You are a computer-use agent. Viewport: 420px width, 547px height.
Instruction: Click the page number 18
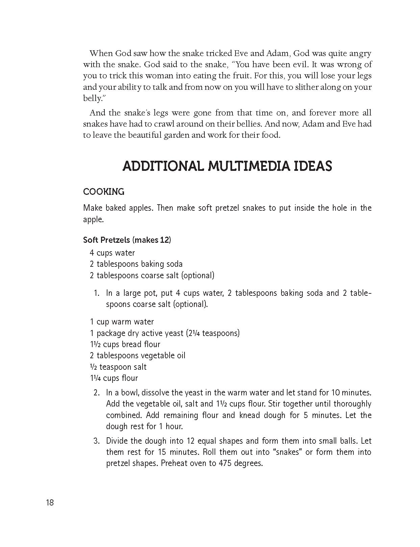[49, 502]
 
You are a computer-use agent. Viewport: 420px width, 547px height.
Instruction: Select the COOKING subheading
[104, 192]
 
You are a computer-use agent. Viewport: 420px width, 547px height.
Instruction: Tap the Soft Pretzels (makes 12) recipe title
[127, 240]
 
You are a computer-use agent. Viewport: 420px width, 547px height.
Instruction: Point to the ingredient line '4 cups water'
[112, 253]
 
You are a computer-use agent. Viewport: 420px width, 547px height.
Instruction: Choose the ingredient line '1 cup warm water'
[122, 322]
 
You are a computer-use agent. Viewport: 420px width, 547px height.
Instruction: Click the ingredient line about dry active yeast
[165, 333]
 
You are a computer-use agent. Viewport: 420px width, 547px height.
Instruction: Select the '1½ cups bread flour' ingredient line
[125, 344]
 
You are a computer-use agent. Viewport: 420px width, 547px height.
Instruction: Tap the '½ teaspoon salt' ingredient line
[118, 367]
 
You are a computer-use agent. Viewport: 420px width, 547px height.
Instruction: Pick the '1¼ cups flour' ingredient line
[114, 378]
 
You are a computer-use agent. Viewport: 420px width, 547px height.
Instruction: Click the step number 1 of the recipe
[96, 293]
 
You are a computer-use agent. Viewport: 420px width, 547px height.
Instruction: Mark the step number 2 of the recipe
[97, 393]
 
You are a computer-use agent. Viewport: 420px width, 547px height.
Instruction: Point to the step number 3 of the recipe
[97, 441]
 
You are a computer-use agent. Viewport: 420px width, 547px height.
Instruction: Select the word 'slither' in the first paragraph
[302, 87]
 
